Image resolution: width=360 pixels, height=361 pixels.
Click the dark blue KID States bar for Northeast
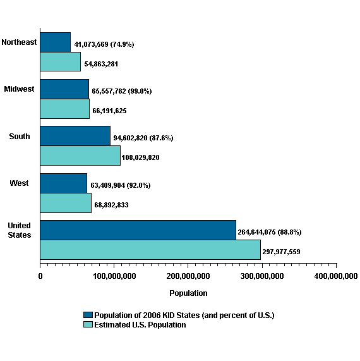coord(55,42)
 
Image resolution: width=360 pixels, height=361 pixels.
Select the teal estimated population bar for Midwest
coord(64,108)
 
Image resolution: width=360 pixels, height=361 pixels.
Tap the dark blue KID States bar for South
coord(75,136)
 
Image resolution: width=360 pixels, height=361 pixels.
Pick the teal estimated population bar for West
coord(65,202)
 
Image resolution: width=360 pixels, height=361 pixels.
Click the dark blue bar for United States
coord(138,230)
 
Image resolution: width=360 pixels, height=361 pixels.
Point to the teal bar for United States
coord(150,249)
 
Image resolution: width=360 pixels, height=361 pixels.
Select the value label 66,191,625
coord(109,111)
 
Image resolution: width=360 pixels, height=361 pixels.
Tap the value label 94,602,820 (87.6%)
coord(143,138)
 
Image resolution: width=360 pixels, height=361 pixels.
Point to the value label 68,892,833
coord(111,205)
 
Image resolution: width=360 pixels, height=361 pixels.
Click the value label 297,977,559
coord(281,252)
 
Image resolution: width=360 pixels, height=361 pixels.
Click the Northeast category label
coord(19,42)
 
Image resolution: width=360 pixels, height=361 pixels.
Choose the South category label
coord(19,136)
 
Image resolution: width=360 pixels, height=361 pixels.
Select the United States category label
coord(19,230)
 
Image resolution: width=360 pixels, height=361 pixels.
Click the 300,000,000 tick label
coord(261,276)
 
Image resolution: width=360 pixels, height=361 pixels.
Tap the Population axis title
coord(188,293)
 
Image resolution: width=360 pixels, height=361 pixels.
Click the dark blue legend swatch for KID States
coord(88,315)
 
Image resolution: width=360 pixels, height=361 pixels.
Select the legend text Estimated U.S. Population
coord(140,325)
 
